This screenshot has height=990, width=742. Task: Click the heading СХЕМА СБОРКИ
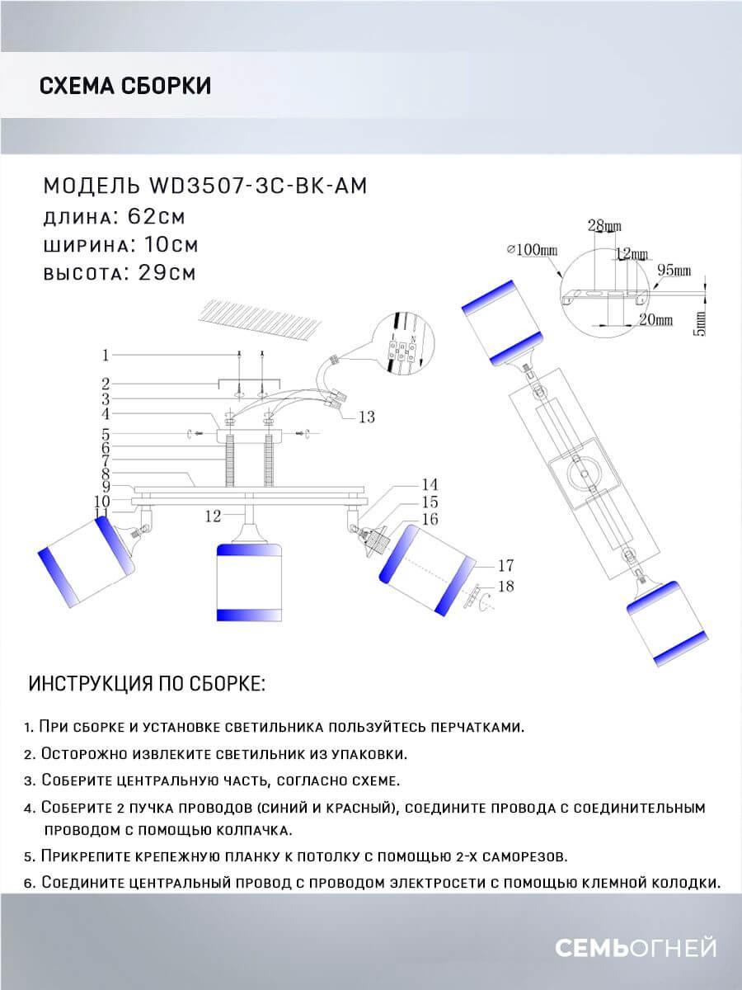(x=124, y=86)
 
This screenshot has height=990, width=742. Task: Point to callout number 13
(x=367, y=417)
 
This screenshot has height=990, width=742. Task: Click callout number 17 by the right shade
(x=506, y=565)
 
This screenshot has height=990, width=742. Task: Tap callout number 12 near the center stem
(x=214, y=516)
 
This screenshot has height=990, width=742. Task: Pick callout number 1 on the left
(x=106, y=356)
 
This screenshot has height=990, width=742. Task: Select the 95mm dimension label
(x=674, y=271)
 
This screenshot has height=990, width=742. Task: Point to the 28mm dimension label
(x=604, y=226)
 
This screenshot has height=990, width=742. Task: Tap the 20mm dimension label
(x=656, y=318)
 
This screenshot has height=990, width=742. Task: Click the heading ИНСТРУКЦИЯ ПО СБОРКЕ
(x=147, y=685)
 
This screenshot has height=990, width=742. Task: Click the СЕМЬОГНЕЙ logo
(x=635, y=949)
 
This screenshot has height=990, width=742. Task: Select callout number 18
(x=506, y=586)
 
